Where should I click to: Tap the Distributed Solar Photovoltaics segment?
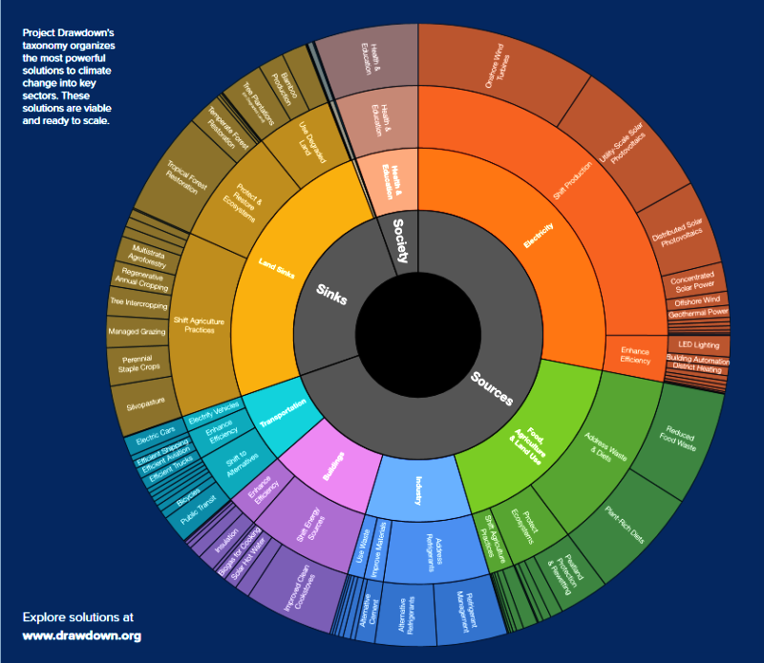(684, 229)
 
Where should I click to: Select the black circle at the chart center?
(420, 335)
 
